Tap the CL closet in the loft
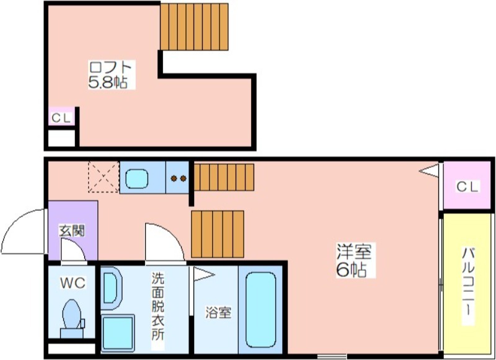tap(61, 117)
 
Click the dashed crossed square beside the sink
tap(103, 178)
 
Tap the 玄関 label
tap(72, 231)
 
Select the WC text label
tap(72, 283)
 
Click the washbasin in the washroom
tap(111, 288)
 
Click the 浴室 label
tap(218, 312)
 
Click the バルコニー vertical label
tap(468, 285)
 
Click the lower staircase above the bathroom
tap(218, 234)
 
